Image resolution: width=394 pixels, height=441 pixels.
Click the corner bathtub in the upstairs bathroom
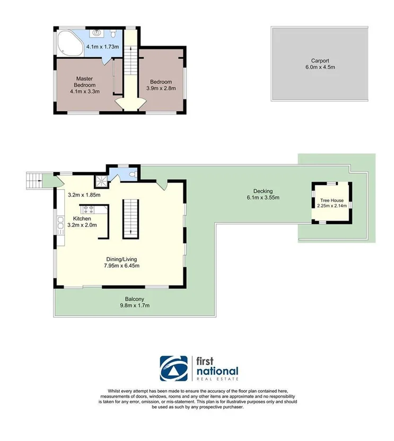[68, 43]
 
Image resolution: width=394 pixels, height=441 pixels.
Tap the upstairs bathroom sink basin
[97, 33]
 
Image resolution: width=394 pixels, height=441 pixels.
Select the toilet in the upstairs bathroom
[113, 34]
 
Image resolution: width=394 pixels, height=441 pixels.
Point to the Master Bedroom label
[84, 85]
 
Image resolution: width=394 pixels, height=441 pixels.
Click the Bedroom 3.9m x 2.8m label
[161, 85]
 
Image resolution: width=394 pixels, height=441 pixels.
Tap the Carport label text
[319, 64]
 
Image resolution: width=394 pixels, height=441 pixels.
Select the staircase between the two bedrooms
[128, 74]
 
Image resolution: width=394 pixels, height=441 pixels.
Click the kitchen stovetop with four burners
[86, 209]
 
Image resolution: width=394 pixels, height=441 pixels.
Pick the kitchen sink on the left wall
[59, 227]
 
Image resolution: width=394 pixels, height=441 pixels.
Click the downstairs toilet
[134, 173]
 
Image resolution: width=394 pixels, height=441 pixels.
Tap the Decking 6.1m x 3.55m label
[262, 194]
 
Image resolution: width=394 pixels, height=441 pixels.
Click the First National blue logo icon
[174, 368]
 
